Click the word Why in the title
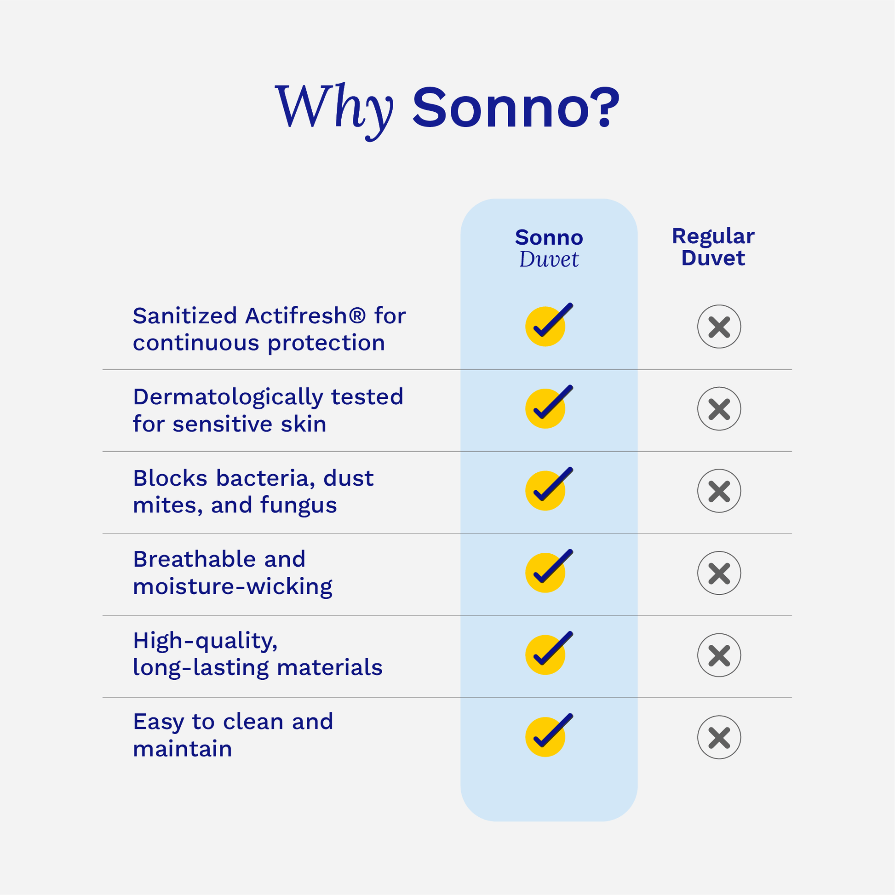[334, 111]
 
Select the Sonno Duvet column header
[549, 248]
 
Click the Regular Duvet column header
[713, 247]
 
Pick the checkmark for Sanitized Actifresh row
[549, 324]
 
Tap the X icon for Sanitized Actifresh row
[719, 327]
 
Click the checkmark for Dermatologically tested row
[549, 406]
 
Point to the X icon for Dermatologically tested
[719, 408]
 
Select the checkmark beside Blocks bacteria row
[549, 489]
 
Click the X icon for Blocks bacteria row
[719, 491]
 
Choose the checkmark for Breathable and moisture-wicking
[549, 571]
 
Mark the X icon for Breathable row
[719, 573]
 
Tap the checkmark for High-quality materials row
[549, 653]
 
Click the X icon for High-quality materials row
[719, 655]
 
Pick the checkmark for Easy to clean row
[549, 734]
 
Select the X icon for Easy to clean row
[719, 737]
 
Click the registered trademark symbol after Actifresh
[357, 316]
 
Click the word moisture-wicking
[233, 586]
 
